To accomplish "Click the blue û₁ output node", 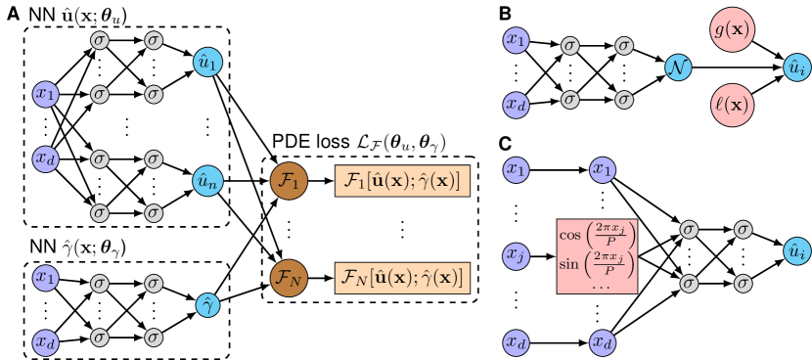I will pyautogui.click(x=207, y=64).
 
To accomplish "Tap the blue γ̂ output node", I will pyautogui.click(x=207, y=305).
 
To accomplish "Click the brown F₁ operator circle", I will pyautogui.click(x=289, y=181).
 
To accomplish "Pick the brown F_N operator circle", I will pyautogui.click(x=289, y=279).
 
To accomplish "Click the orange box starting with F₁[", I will pyautogui.click(x=402, y=181).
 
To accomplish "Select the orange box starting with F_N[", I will pyautogui.click(x=402, y=279).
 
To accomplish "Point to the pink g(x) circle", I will pyautogui.click(x=733, y=30).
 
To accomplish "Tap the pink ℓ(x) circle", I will pyautogui.click(x=733, y=104).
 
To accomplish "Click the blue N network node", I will pyautogui.click(x=677, y=67).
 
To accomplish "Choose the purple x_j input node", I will pyautogui.click(x=516, y=256).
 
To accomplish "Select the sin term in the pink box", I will pyautogui.click(x=597, y=264).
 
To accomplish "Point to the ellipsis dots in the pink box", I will pyautogui.click(x=597, y=286).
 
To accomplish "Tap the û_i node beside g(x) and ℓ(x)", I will pyautogui.click(x=796, y=67).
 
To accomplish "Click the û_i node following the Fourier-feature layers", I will pyautogui.click(x=796, y=251).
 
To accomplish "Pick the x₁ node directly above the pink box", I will pyautogui.click(x=603, y=170).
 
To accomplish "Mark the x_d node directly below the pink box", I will pyautogui.click(x=603, y=342).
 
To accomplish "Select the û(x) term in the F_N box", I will pyautogui.click(x=389, y=279).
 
